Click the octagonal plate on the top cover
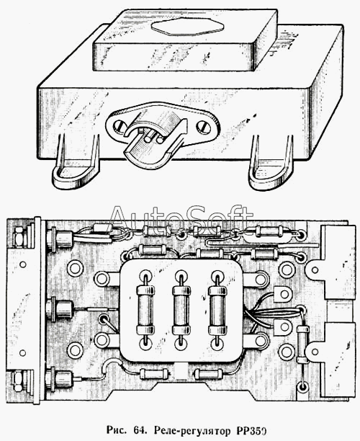point(188,27)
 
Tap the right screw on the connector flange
point(204,127)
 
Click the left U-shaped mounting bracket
point(76,167)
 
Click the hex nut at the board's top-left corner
point(19,237)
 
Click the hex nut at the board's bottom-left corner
point(19,381)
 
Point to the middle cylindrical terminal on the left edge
point(60,309)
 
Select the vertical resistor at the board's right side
point(303,344)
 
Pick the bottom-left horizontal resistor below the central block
point(154,374)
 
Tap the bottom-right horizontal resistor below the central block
point(208,374)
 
